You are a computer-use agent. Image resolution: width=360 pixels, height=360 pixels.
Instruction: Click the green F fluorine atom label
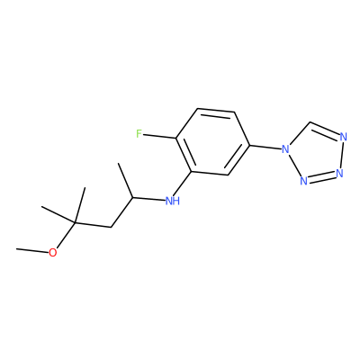[x=139, y=133]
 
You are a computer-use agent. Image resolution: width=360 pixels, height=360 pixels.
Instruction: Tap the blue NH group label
[x=173, y=201]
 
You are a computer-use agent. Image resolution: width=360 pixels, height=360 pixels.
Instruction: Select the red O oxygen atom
[x=53, y=253]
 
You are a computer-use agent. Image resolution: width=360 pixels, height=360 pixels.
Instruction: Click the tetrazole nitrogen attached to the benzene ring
[x=285, y=148]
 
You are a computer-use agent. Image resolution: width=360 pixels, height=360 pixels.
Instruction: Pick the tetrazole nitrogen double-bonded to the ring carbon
[x=344, y=137]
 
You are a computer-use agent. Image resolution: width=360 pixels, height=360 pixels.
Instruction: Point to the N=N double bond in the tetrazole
[x=321, y=177]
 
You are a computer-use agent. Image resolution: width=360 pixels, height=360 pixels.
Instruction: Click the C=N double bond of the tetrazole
[x=325, y=130]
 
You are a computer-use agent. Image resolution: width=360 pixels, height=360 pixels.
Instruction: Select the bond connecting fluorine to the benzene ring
[x=159, y=136]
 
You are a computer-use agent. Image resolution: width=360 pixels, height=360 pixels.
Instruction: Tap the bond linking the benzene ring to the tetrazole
[x=265, y=147]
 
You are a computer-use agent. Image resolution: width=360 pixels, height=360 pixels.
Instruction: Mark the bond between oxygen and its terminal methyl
[x=32, y=250]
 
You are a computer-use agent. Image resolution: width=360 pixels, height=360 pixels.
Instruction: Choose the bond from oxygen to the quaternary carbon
[x=66, y=236]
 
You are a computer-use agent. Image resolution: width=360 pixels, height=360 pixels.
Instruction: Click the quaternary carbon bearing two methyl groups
[x=75, y=223]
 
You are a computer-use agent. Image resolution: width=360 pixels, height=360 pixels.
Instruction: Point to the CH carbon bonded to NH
[x=132, y=198]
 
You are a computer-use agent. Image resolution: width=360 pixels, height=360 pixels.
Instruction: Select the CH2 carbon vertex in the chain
[x=112, y=227]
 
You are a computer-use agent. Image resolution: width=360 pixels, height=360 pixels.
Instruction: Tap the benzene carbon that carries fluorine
[x=176, y=139]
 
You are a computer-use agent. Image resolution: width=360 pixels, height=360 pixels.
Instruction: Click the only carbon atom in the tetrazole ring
[x=310, y=122]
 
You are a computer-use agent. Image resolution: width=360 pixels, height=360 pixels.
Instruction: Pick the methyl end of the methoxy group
[x=17, y=248]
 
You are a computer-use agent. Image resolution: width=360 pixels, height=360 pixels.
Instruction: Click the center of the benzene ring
[x=213, y=142]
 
